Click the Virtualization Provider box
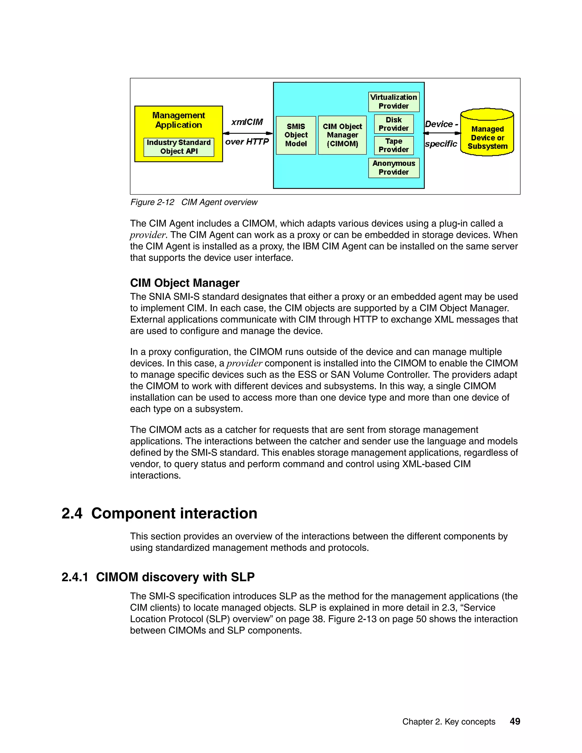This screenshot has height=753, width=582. tap(394, 102)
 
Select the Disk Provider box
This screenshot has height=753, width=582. tap(394, 124)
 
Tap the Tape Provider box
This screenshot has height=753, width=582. tap(394, 145)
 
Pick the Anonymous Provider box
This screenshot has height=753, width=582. tap(394, 168)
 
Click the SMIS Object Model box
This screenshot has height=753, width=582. tap(296, 135)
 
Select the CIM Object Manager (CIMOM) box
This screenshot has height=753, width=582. tap(342, 135)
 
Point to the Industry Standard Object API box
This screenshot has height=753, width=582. tap(178, 147)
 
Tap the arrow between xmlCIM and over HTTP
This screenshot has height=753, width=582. tap(248, 133)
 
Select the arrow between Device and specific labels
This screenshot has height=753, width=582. tap(442, 133)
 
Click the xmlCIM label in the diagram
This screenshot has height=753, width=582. tap(247, 122)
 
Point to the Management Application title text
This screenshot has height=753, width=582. tap(178, 120)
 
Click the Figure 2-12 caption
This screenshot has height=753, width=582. tap(194, 202)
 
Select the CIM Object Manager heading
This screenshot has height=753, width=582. tap(184, 283)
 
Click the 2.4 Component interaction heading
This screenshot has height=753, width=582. tap(159, 513)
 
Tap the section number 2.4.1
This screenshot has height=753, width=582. tap(75, 577)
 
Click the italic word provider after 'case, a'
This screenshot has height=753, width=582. tap(244, 363)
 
